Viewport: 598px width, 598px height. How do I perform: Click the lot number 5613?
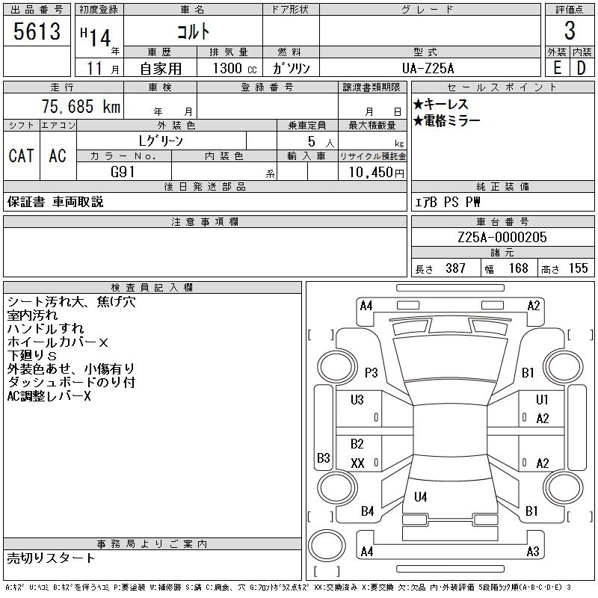(37, 31)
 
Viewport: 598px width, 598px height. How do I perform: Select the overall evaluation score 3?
(570, 31)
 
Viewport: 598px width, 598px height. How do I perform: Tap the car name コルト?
(192, 31)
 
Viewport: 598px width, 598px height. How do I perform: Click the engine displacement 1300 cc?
(229, 68)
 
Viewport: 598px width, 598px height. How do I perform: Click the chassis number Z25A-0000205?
(502, 237)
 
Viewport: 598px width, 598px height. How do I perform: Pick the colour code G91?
(123, 171)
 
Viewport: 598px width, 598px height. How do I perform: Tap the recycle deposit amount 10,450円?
(372, 172)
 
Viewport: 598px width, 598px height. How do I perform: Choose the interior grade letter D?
(582, 68)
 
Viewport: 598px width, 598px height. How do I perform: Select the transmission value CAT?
(21, 155)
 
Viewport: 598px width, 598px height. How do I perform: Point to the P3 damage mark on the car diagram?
(372, 372)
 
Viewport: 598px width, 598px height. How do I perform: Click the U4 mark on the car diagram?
(421, 496)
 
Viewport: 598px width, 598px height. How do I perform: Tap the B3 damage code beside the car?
(324, 457)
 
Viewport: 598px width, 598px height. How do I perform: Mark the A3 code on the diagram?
(533, 552)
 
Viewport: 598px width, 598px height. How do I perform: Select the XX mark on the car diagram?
(357, 463)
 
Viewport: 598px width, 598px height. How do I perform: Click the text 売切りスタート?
(51, 558)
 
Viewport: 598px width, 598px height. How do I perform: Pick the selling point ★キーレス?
(441, 105)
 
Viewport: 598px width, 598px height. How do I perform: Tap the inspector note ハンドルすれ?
(45, 329)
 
